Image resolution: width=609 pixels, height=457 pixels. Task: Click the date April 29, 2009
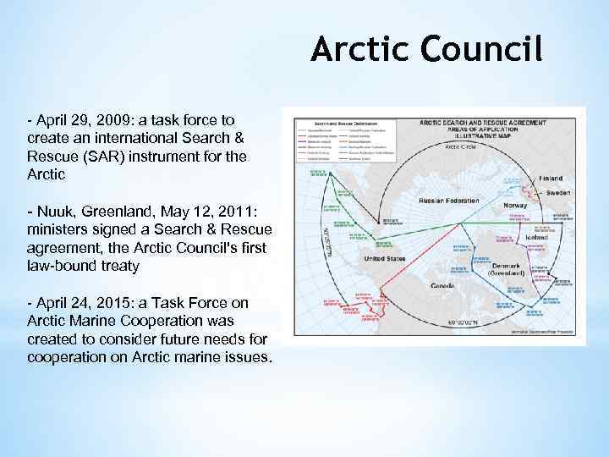click(77, 121)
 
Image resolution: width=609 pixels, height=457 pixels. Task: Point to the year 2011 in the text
click(233, 210)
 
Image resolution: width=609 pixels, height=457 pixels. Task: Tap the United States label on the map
click(390, 258)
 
